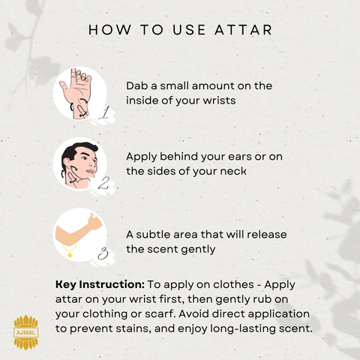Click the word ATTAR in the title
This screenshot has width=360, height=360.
click(243, 30)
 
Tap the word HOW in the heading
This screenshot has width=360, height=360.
click(109, 30)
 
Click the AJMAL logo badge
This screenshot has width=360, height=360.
click(26, 332)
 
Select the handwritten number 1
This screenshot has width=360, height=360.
click(104, 112)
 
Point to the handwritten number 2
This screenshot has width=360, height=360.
click(103, 183)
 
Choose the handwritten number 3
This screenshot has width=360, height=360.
click(103, 253)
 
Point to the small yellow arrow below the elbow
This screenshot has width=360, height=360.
click(70, 255)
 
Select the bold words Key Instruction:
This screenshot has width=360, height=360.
click(100, 285)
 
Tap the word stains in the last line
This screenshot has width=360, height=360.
click(135, 328)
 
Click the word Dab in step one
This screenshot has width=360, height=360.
click(136, 85)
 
